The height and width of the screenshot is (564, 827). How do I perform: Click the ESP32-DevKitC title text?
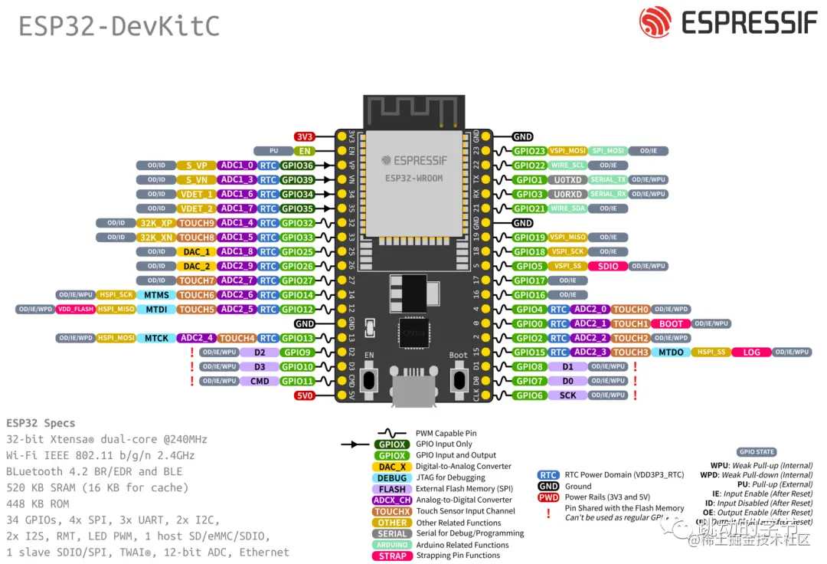click(x=119, y=26)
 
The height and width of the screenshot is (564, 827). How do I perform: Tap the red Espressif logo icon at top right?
click(x=655, y=23)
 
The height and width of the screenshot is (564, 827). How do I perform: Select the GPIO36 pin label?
click(x=297, y=165)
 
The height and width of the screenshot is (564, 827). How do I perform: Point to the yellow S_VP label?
click(x=196, y=165)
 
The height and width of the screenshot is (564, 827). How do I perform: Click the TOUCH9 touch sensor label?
click(x=196, y=223)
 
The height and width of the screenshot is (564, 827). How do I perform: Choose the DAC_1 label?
click(x=196, y=252)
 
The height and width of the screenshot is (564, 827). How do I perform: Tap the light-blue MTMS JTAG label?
click(x=157, y=295)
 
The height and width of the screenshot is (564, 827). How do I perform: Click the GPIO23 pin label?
click(x=529, y=151)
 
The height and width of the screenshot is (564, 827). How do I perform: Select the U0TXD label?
click(x=567, y=180)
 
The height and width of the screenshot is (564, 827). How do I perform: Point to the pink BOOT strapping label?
click(x=671, y=323)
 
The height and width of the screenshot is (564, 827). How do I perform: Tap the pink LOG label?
click(x=751, y=352)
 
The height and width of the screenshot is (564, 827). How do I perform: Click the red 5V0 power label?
click(x=305, y=395)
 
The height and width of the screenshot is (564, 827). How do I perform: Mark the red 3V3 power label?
click(x=305, y=136)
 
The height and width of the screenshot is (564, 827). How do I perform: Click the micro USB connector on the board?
click(x=414, y=387)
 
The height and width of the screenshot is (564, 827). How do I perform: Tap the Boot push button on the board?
click(x=459, y=380)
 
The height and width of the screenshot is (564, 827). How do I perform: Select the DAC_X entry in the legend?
click(x=392, y=467)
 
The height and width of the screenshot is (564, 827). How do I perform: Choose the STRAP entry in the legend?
click(x=392, y=556)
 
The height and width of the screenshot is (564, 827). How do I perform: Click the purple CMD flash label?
click(x=260, y=381)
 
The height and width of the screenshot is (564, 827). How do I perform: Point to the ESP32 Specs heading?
click(x=41, y=423)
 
